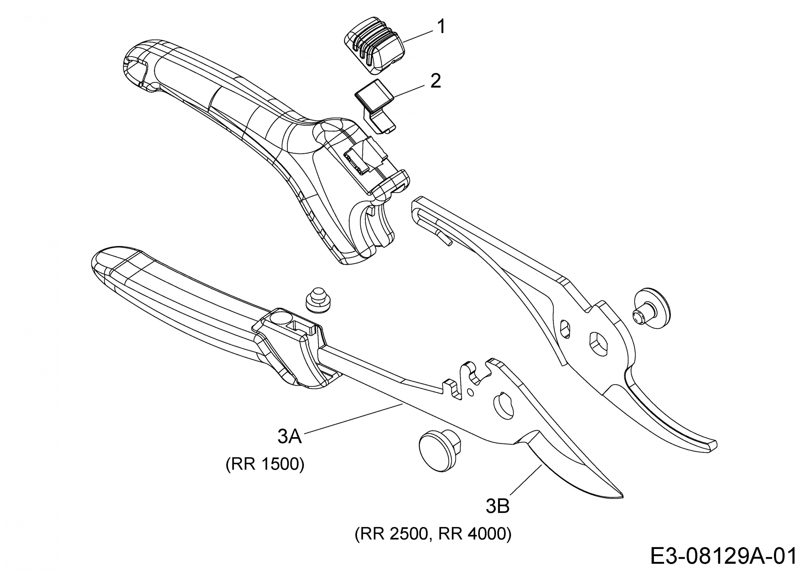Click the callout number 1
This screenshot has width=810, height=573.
(x=441, y=27)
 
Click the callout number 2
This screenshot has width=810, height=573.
(x=436, y=81)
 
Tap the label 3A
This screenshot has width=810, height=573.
(x=289, y=437)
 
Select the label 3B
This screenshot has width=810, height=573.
(x=497, y=506)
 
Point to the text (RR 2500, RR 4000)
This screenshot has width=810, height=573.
(x=433, y=534)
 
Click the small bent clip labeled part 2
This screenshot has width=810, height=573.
(x=376, y=106)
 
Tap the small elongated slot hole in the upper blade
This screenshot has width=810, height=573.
(x=564, y=329)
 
